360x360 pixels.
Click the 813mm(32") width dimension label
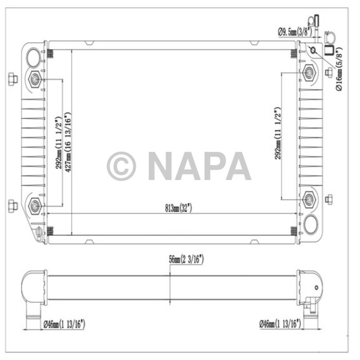pos(178,208)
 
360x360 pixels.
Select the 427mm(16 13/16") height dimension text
pos(68,141)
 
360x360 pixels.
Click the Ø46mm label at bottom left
pos(64,323)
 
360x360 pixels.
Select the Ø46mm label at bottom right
pos(281,323)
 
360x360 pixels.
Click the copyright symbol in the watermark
pos(121,166)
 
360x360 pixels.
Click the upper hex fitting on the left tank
pos(35,79)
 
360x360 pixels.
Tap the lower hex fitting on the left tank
pos(35,205)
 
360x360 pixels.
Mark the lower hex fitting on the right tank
pos(309,199)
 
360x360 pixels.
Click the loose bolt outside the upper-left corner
pos(13,79)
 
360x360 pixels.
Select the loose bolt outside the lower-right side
pos(329,199)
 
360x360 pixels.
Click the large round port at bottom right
pos(311,224)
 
